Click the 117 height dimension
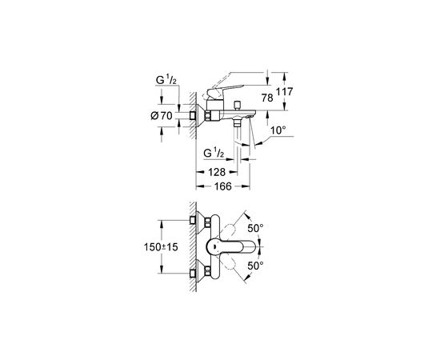coord(284,91)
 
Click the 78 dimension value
coord(267,98)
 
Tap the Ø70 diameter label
coord(162,115)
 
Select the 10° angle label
coord(278,130)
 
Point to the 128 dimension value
coord(217,172)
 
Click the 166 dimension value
coord(223,186)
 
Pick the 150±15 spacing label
coord(161,247)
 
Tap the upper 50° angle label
coord(255,229)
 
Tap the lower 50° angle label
coord(255,266)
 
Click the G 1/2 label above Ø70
coord(166,81)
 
